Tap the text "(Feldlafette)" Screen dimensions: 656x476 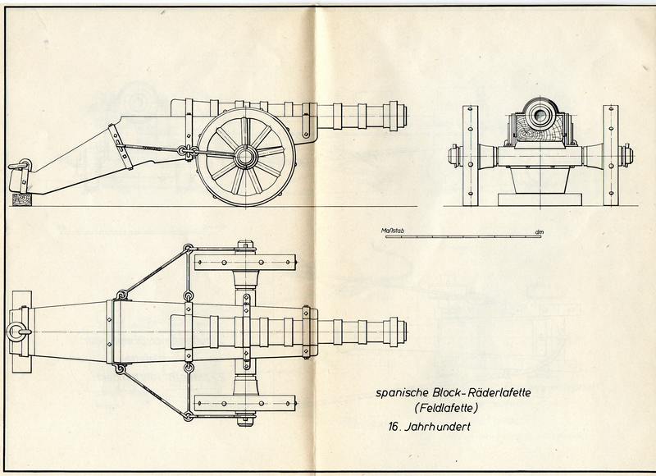click(445, 407)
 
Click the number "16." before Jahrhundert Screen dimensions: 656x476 click(394, 427)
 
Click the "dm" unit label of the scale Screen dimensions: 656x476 click(539, 232)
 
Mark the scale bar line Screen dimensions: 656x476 click(463, 237)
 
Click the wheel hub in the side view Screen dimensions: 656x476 click(245, 157)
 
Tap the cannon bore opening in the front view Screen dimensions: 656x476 click(540, 113)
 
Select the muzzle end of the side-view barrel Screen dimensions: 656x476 click(403, 116)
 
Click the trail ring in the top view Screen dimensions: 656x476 click(15, 332)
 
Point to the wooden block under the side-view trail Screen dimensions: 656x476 click(22, 199)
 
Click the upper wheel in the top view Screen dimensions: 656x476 click(245, 262)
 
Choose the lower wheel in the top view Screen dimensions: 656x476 click(245, 404)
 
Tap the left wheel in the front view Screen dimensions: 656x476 click(470, 156)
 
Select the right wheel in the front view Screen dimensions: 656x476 click(611, 156)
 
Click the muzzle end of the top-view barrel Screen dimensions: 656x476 click(403, 332)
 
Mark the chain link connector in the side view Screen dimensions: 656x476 click(189, 151)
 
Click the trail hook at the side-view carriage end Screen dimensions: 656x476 click(20, 165)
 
